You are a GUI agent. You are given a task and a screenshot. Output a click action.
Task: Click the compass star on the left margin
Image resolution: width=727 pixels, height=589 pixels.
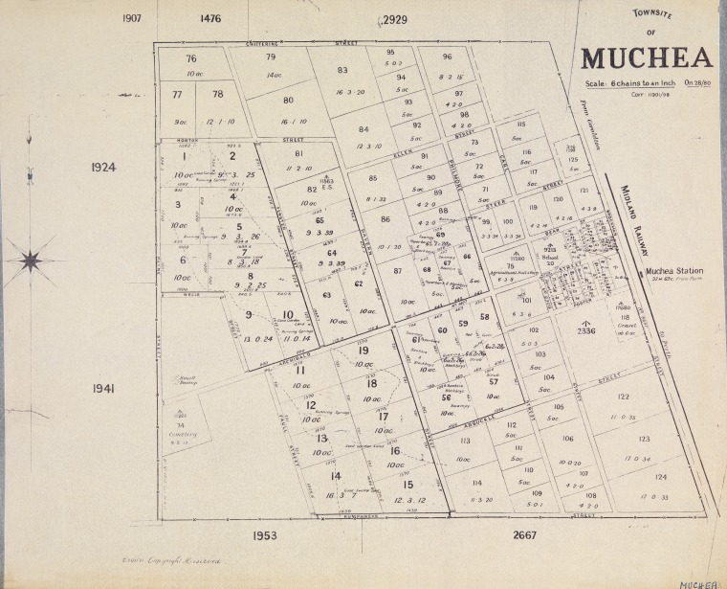tap(31, 260)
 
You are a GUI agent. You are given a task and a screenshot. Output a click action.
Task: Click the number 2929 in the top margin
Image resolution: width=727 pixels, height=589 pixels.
tap(393, 19)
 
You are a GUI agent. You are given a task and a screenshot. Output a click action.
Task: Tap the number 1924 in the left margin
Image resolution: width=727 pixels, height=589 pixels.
tap(102, 167)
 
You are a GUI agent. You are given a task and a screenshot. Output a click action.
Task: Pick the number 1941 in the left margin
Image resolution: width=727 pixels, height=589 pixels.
tap(103, 389)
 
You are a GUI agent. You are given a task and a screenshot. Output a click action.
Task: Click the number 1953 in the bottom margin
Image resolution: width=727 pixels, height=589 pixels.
tap(264, 534)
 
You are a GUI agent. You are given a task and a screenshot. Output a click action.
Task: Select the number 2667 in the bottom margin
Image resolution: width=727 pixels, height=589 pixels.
tap(524, 534)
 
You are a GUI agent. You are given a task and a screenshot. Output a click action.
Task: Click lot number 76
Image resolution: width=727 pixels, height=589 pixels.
tap(191, 59)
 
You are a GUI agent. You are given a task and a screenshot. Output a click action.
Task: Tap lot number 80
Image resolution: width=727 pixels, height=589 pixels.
tap(287, 100)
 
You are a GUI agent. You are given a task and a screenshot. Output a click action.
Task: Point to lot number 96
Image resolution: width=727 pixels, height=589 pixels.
tap(447, 57)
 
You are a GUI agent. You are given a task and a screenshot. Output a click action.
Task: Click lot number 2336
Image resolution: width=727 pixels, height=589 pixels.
tap(586, 332)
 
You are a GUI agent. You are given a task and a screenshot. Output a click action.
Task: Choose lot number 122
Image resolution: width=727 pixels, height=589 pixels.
tap(623, 396)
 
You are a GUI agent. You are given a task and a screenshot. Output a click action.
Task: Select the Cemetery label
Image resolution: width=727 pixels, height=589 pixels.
tap(182, 433)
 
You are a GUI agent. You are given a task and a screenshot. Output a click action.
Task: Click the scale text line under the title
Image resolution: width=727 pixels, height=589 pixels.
tap(646, 84)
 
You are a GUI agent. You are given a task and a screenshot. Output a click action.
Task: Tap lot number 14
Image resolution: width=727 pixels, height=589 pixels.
tap(335, 476)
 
